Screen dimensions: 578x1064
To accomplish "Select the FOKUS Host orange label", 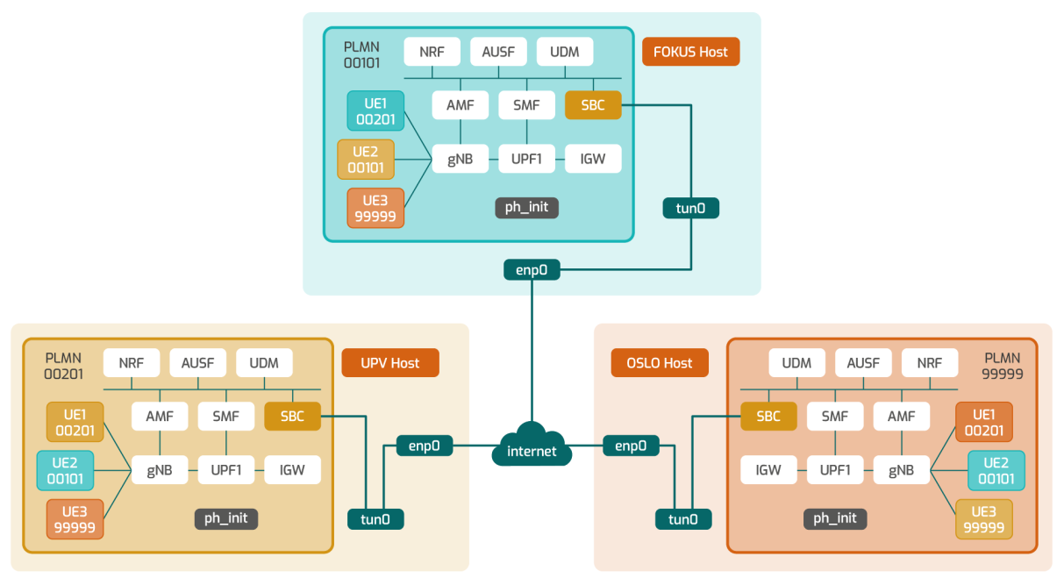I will click(x=690, y=52).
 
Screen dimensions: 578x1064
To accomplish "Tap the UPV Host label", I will click(x=389, y=363).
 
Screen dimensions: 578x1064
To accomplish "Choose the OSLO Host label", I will click(x=659, y=363).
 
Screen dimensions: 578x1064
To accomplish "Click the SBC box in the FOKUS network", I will click(x=593, y=105).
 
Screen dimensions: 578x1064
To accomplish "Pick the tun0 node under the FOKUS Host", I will click(x=690, y=208).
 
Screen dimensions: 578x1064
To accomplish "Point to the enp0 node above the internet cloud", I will click(x=532, y=270).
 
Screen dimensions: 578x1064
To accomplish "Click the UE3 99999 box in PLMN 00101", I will click(x=375, y=208).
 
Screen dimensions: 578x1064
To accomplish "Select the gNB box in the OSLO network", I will click(x=901, y=470).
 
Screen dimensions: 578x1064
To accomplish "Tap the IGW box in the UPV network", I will click(x=292, y=470).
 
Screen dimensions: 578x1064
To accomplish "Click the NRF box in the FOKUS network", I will click(x=432, y=52).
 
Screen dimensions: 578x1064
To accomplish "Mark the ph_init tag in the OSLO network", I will click(x=835, y=518).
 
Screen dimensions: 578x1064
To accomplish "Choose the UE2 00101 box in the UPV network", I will click(x=65, y=470).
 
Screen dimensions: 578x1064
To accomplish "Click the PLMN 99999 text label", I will click(x=1003, y=366).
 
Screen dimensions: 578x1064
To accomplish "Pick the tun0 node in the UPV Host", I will click(x=375, y=519).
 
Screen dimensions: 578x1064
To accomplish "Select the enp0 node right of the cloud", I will click(x=631, y=446).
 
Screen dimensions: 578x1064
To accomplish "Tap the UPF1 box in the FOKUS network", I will click(x=526, y=159).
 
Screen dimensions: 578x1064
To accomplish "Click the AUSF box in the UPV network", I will click(x=198, y=363).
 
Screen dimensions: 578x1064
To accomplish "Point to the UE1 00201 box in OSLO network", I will click(x=984, y=422).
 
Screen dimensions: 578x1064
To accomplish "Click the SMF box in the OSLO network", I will click(x=835, y=417).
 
